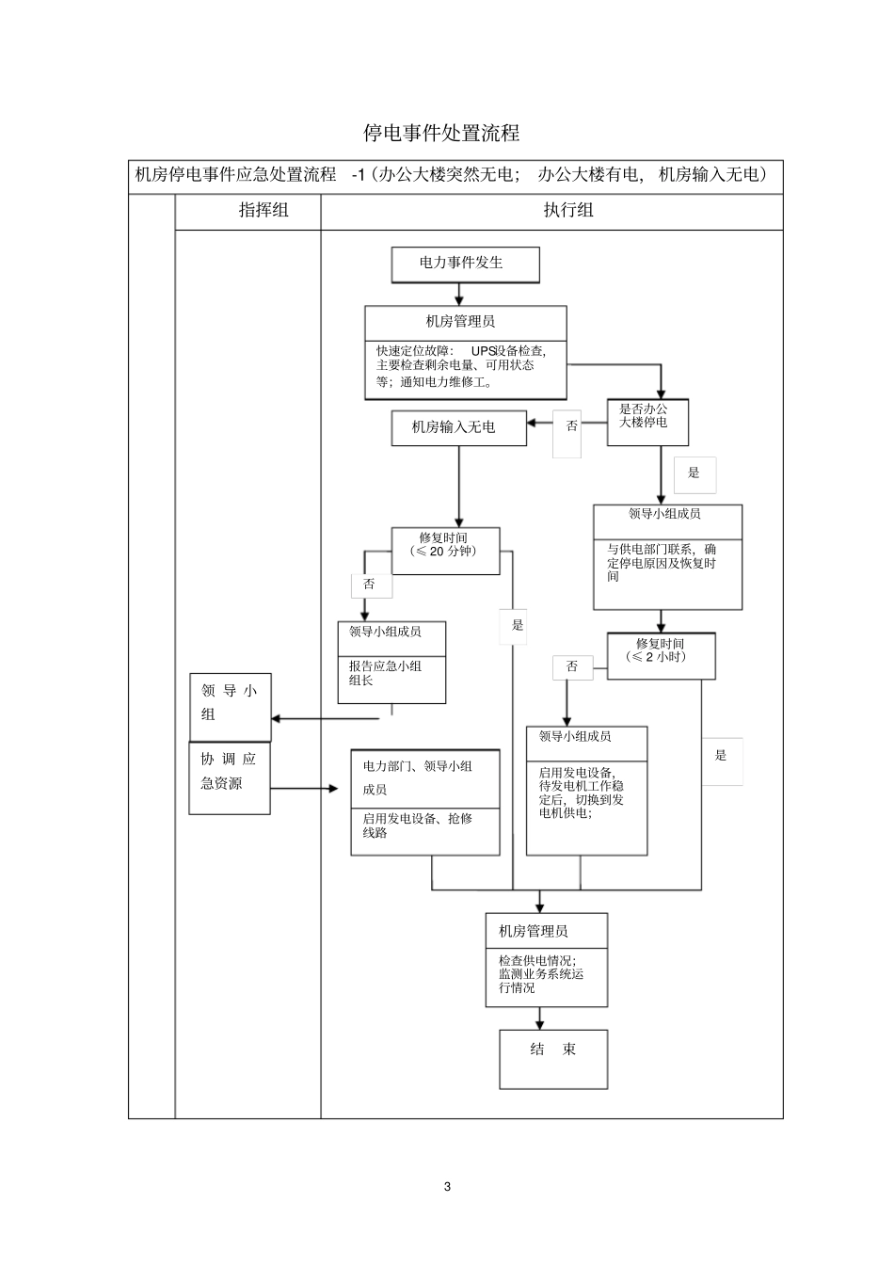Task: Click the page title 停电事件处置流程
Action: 441,133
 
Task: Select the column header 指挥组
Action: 263,210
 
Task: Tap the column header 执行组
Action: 568,210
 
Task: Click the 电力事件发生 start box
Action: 465,264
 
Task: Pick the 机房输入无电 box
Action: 458,427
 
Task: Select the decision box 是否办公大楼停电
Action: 647,421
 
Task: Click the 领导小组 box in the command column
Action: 230,704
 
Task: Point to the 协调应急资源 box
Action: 229,778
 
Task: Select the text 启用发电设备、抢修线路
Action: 418,825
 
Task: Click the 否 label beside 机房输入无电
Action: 571,426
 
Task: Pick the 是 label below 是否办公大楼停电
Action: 694,473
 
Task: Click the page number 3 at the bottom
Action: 447,1186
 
